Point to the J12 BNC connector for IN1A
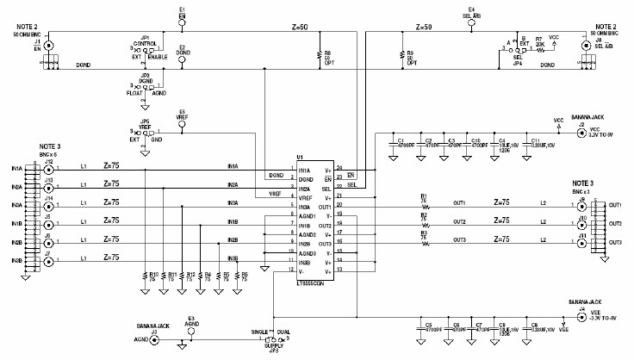coord(48,171)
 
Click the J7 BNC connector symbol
coord(48,261)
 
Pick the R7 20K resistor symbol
coord(540,50)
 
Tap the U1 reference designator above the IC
coord(301,156)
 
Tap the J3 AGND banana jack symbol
coord(154,340)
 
